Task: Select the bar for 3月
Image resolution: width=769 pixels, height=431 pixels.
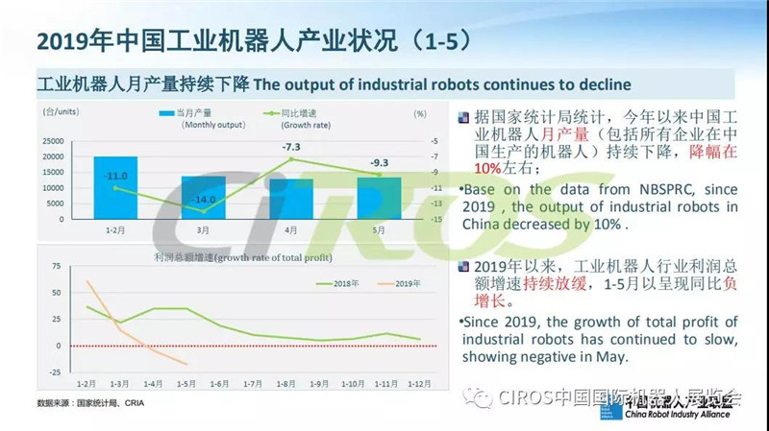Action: click(x=204, y=197)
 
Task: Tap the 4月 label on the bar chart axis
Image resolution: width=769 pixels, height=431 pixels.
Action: click(x=291, y=231)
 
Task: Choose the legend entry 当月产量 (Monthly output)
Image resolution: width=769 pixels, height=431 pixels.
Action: click(x=197, y=118)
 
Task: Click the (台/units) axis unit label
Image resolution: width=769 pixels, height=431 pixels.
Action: click(x=59, y=112)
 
